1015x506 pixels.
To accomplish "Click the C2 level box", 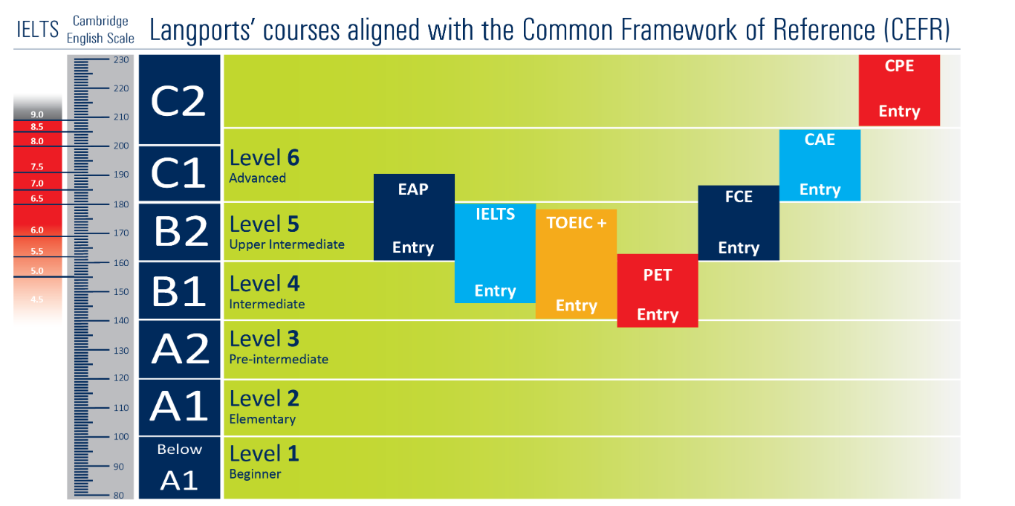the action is [179, 100].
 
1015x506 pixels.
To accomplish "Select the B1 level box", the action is [179, 291].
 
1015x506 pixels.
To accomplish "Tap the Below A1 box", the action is [179, 468].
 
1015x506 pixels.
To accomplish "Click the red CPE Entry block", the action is [899, 90].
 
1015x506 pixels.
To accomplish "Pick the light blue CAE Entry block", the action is [820, 166].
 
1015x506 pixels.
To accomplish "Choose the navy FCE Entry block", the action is [739, 223].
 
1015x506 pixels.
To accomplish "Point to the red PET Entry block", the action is [658, 291].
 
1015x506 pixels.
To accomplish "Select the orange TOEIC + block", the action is [577, 264].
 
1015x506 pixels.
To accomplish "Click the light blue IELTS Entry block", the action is [496, 253].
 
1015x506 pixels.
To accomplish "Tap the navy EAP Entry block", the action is [414, 217].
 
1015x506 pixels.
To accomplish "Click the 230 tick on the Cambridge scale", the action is [121, 59].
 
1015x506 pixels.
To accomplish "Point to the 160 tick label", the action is [121, 263].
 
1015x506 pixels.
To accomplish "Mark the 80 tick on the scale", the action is [119, 495].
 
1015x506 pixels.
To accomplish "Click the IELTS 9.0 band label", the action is [37, 114].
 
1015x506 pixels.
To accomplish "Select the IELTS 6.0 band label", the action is [37, 230].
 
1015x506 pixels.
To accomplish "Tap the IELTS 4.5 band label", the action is [37, 299].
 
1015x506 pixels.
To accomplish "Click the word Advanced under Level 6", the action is [257, 178].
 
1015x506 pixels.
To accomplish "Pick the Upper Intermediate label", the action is [287, 244].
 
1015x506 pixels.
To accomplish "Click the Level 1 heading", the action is [265, 453].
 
